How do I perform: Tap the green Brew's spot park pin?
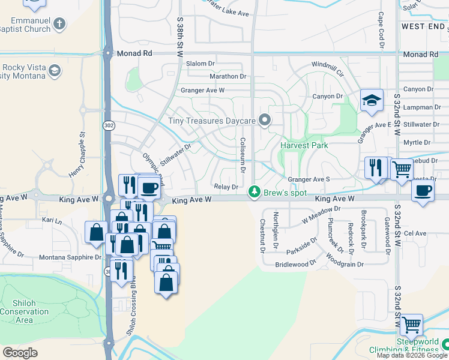point(255,192)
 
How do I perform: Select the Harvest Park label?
point(304,145)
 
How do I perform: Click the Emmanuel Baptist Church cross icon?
point(59,24)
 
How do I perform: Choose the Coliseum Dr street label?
point(243,155)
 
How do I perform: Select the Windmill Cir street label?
point(327,68)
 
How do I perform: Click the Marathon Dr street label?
point(228,77)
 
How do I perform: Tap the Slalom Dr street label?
point(200,64)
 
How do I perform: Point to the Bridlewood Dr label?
point(295,264)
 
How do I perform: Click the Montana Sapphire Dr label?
point(70,257)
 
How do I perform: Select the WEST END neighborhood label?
point(424,26)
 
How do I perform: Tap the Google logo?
point(21,353)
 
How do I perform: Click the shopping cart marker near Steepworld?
point(411,325)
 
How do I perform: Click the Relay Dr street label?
point(226,187)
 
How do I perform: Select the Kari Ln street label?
point(52,221)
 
